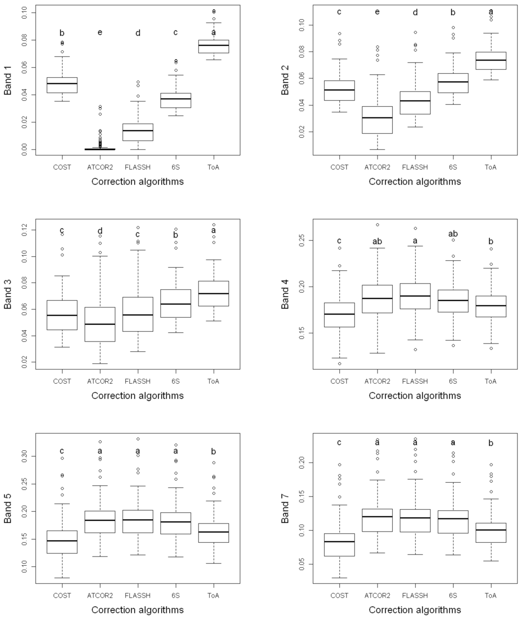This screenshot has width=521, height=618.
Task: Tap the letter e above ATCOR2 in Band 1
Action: tap(100, 33)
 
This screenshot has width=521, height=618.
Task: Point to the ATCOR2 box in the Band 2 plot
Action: tap(377, 120)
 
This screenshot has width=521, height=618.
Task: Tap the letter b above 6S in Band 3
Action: tap(176, 235)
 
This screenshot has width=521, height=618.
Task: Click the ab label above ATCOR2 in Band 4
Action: tap(377, 242)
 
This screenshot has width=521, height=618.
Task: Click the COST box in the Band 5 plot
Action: tap(62, 542)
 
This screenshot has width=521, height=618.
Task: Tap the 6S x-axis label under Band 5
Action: tap(176, 596)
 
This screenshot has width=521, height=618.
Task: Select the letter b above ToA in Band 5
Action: tap(213, 451)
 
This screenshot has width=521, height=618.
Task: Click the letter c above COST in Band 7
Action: tap(339, 443)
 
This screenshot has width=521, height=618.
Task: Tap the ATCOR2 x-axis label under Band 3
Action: tap(100, 381)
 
